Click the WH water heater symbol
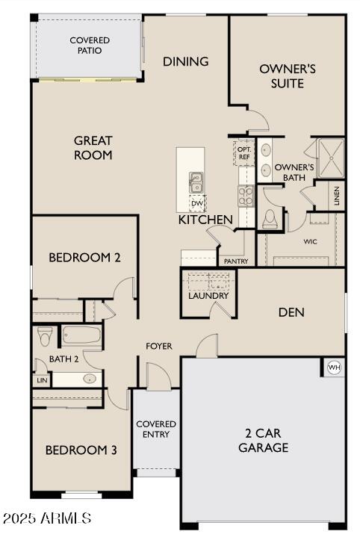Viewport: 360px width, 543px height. click(x=333, y=367)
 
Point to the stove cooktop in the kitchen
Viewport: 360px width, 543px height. click(x=246, y=196)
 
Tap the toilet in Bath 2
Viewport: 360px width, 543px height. click(x=44, y=338)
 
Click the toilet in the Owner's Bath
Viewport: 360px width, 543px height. click(x=271, y=217)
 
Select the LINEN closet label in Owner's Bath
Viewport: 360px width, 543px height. click(x=337, y=196)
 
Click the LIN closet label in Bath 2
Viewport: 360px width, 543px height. click(x=41, y=380)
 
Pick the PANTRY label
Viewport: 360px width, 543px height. click(x=236, y=261)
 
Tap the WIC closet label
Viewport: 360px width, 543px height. click(x=311, y=242)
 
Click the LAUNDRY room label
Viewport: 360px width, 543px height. click(x=208, y=296)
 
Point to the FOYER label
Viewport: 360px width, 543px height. click(x=158, y=346)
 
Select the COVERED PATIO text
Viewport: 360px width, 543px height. click(x=90, y=45)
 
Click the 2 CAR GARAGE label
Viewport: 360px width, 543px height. click(x=263, y=441)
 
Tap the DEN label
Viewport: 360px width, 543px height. click(x=291, y=312)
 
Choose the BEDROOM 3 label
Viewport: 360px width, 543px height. click(x=81, y=450)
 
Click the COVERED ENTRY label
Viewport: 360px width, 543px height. click(x=156, y=429)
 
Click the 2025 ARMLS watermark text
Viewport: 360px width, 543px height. click(x=46, y=517)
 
